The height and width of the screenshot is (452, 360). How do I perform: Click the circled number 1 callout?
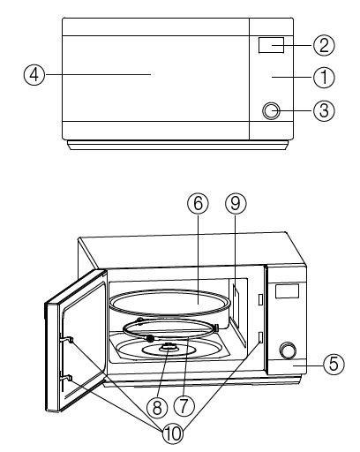pyautogui.click(x=326, y=77)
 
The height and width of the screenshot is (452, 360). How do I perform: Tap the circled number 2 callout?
pyautogui.click(x=326, y=44)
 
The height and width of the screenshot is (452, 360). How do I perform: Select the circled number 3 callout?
pyautogui.click(x=326, y=112)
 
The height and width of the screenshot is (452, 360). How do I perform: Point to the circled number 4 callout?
pyautogui.click(x=33, y=76)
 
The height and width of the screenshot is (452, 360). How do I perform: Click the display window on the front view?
pyautogui.click(x=271, y=45)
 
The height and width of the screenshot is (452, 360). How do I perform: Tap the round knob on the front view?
pyautogui.click(x=272, y=111)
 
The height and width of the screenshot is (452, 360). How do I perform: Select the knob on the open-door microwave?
pyautogui.click(x=288, y=350)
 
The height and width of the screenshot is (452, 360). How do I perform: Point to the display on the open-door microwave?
pyautogui.click(x=288, y=290)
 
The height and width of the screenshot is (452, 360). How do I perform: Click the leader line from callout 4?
pyautogui.click(x=97, y=76)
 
